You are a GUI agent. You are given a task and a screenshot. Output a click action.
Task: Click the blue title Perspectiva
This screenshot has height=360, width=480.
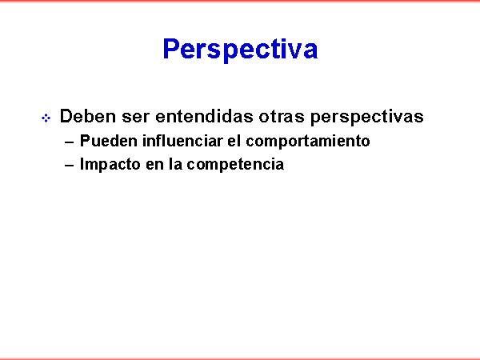240,49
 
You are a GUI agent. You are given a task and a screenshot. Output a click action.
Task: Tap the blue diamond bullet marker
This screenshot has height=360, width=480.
46,118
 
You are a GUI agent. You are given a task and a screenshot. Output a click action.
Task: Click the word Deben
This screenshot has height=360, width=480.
88,116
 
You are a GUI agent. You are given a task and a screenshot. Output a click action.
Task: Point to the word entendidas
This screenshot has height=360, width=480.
204,116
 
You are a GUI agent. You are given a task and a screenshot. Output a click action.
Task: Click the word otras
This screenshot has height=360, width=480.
282,118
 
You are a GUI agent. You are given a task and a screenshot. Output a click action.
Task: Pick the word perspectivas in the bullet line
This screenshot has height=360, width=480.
366,118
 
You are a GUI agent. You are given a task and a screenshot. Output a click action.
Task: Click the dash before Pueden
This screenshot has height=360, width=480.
70,142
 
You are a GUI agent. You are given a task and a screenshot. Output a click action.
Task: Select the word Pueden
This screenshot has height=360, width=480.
108,141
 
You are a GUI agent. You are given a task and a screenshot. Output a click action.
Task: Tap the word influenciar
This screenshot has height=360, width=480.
182,141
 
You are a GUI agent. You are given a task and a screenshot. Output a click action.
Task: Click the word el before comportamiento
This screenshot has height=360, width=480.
234,141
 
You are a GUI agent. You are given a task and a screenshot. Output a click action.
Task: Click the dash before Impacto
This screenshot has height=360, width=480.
70,166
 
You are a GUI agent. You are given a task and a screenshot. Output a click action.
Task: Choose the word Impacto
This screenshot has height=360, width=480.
110,165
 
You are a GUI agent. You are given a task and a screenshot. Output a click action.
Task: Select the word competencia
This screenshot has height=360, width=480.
235,165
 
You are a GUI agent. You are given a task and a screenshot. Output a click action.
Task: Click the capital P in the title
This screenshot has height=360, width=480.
170,49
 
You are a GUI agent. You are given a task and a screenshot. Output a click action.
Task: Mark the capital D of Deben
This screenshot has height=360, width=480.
66,116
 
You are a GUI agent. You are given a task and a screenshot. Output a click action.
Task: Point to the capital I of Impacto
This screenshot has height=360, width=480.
82,164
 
